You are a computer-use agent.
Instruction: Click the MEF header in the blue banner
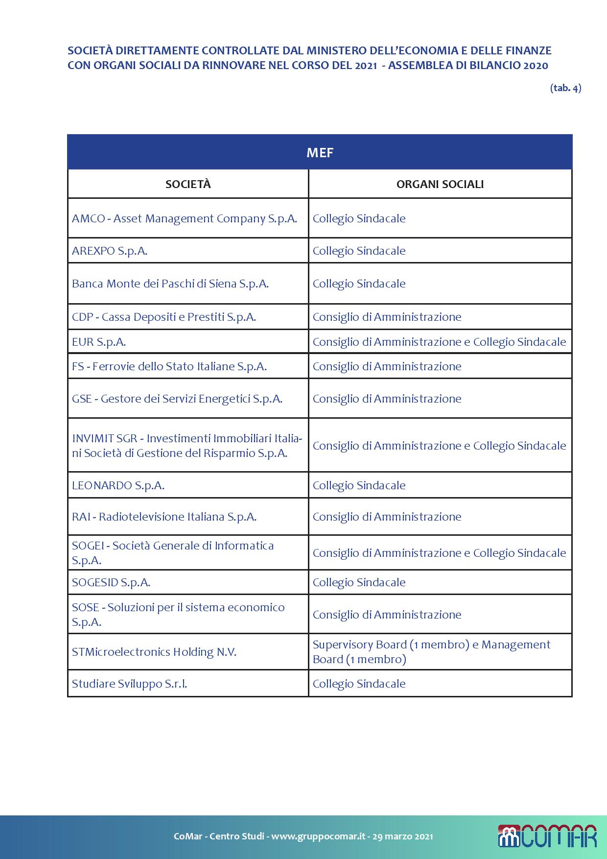pos(320,153)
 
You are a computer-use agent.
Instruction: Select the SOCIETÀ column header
pos(188,184)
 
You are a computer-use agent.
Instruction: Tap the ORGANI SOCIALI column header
pos(440,184)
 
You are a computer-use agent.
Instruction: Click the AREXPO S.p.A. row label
pos(110,251)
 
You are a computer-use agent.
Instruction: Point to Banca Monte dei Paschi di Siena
pos(170,284)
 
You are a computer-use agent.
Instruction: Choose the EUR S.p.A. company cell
pos(99,342)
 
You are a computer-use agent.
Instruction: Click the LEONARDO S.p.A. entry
pos(118,485)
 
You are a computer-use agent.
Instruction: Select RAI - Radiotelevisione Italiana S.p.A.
pos(164,517)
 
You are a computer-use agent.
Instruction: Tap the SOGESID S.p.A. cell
pos(111,582)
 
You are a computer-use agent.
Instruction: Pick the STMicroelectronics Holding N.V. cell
pos(154,652)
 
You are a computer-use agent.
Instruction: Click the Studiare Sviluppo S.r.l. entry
pos(130,684)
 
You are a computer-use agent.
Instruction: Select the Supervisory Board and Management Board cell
pos(431,652)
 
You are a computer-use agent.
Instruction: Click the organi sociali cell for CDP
pos(387,317)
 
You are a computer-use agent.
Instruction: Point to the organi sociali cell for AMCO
pos(359,218)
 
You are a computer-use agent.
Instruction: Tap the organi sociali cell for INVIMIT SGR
pos(439,446)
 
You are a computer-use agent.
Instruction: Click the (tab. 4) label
pos(565,88)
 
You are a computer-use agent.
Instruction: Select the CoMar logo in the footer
pos(547,836)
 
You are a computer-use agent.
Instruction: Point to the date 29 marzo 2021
pos(402,836)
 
